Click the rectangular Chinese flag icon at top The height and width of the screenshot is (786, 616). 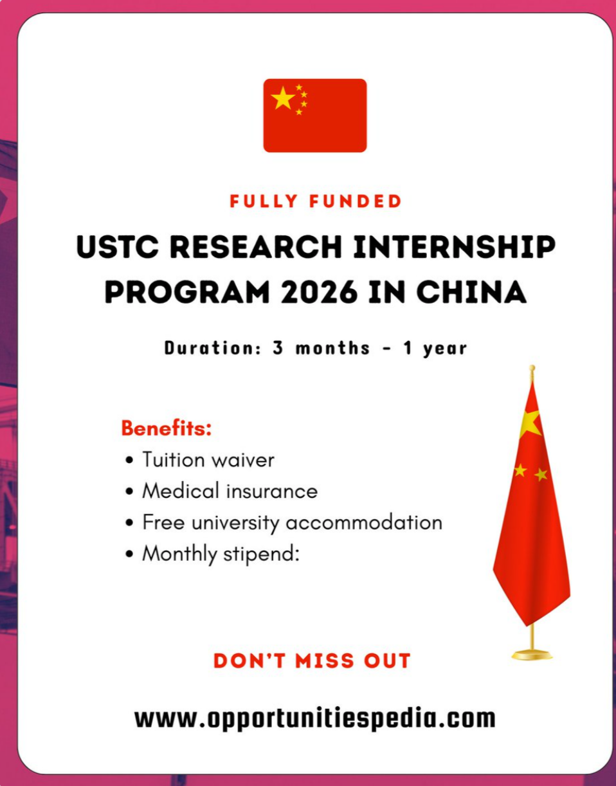tap(314, 115)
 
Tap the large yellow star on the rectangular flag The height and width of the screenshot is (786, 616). tap(283, 98)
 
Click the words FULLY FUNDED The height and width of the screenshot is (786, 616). tap(316, 201)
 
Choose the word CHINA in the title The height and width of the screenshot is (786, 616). tap(471, 293)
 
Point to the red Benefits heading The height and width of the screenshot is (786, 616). tap(167, 428)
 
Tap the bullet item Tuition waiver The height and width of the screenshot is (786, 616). tap(208, 460)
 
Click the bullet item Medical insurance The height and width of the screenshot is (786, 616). tap(230, 491)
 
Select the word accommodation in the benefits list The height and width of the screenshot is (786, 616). tap(363, 522)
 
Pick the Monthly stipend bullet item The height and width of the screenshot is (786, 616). tap(221, 553)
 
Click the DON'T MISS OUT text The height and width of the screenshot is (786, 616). tap(312, 661)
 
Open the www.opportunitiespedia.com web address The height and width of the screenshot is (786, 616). tap(314, 717)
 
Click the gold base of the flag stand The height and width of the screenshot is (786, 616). tap(532, 654)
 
